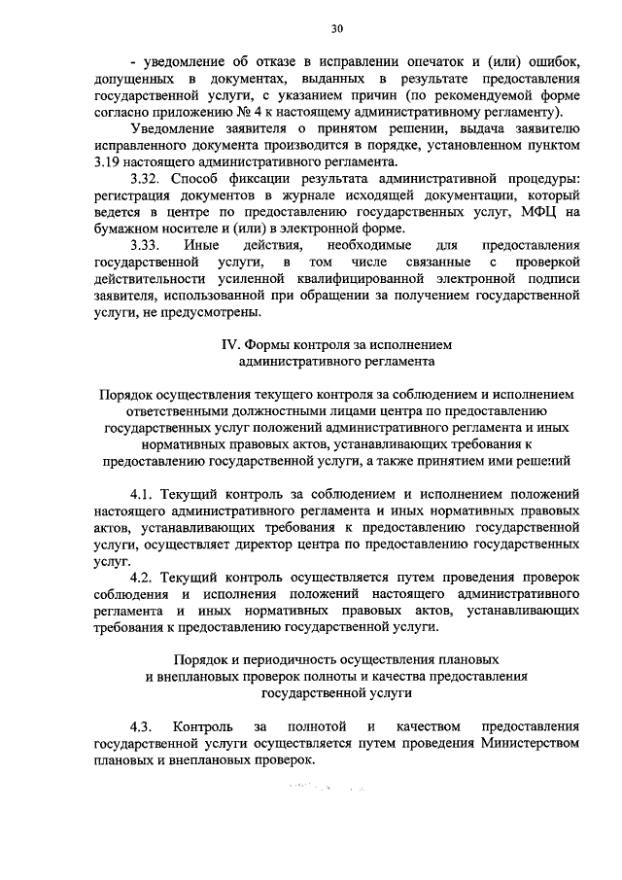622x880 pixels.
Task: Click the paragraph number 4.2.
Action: point(143,578)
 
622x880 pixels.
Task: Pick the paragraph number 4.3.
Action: point(143,726)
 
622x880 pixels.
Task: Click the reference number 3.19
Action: point(110,162)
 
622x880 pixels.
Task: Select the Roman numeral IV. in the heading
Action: point(231,344)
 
